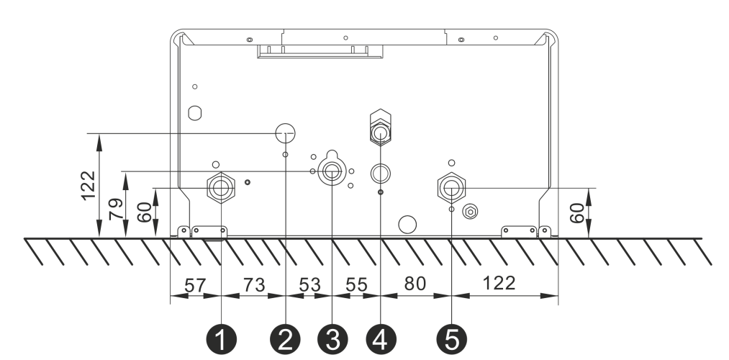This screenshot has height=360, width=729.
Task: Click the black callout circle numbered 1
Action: (222, 340)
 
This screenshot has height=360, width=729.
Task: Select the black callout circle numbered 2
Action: (286, 340)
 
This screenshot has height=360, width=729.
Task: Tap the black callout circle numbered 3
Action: (332, 340)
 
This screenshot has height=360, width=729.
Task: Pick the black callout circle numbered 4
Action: (381, 340)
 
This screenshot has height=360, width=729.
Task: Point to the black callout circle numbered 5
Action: (451, 340)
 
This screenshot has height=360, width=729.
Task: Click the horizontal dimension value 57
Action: (195, 285)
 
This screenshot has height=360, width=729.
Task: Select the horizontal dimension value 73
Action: (254, 284)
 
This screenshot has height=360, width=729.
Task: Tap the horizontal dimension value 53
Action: (309, 284)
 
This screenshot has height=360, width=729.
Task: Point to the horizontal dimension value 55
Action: (357, 284)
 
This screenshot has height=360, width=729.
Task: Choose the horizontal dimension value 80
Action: (415, 283)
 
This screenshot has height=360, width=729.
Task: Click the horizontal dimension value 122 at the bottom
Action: (499, 283)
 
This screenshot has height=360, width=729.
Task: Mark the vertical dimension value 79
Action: (117, 209)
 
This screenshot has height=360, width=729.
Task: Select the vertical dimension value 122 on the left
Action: (89, 186)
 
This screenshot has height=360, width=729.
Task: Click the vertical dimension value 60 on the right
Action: (577, 213)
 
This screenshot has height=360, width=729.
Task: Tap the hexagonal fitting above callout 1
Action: (221, 187)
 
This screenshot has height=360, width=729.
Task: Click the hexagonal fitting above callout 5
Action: (451, 188)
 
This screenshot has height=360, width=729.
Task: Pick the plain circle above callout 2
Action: (286, 133)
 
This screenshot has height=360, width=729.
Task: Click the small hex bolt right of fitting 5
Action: (470, 212)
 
